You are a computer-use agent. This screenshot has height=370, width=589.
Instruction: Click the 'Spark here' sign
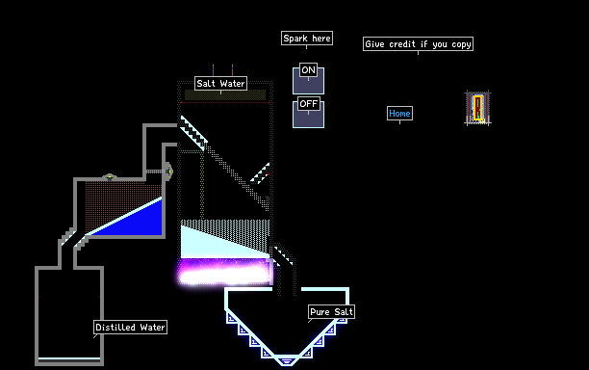tap(307, 39)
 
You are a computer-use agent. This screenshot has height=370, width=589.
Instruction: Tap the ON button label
tap(308, 70)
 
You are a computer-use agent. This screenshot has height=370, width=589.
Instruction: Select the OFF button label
tap(308, 104)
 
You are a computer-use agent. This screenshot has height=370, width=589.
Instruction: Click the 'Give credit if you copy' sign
tap(418, 44)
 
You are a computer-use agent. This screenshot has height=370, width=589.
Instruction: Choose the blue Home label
tap(399, 113)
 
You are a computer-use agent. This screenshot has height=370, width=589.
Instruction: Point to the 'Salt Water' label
tap(221, 83)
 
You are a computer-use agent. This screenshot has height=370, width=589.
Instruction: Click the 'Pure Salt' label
tap(331, 312)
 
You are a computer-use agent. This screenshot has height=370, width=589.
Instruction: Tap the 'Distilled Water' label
tap(130, 328)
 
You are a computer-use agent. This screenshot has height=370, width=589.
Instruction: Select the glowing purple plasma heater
tap(224, 272)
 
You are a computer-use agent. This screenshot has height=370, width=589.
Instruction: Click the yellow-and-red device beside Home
tap(477, 108)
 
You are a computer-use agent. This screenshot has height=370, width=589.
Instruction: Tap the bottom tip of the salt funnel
tap(286, 364)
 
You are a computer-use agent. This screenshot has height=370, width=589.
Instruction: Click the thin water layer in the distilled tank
tap(69, 359)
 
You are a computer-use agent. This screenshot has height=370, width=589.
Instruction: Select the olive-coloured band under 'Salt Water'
tap(225, 94)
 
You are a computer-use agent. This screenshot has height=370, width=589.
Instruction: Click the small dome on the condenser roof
tap(110, 176)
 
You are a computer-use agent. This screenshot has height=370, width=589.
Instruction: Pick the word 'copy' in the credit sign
tap(461, 44)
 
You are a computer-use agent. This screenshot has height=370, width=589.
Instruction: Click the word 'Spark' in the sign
tap(295, 39)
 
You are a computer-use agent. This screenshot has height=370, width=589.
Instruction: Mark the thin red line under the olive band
tap(225, 102)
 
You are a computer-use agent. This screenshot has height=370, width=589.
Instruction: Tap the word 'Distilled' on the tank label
tap(115, 328)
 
